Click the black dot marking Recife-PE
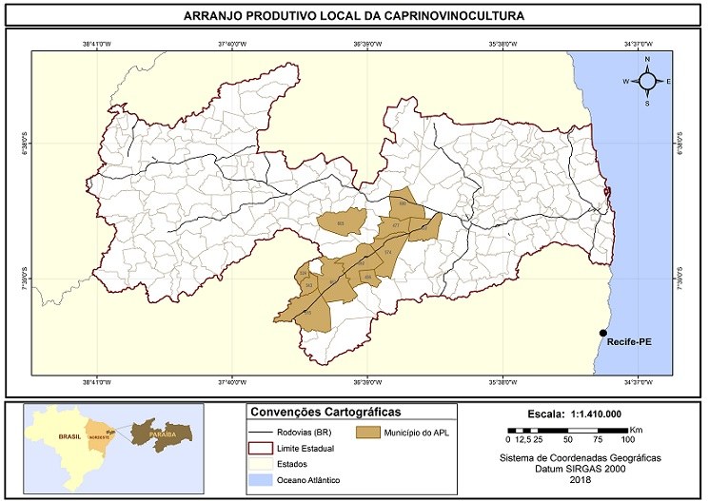(602, 332)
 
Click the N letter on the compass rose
(647, 60)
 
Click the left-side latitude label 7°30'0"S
(22, 279)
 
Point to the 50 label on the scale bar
(567, 440)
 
